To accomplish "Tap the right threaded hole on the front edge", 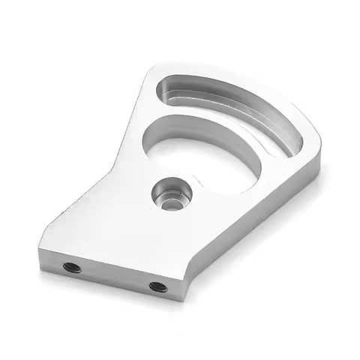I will pyautogui.click(x=157, y=286).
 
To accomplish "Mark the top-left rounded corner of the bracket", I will pyautogui.click(x=154, y=69).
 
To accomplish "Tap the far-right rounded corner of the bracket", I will pyautogui.click(x=319, y=146).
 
